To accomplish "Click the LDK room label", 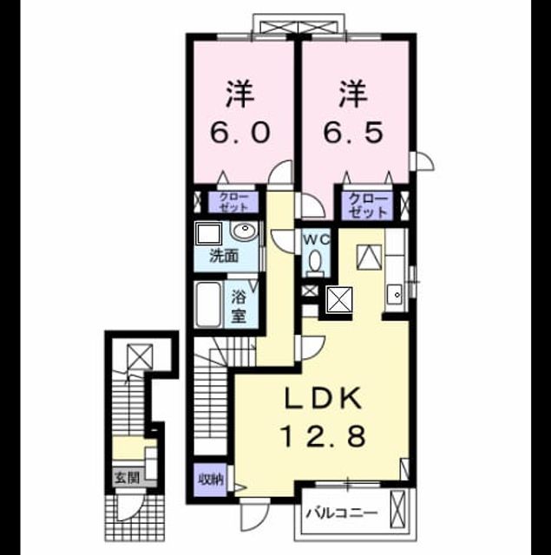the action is [325, 399].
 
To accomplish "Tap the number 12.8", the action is [324, 436].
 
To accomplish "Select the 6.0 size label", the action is [240, 132].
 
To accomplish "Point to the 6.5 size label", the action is [354, 132].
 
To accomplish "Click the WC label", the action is [316, 239].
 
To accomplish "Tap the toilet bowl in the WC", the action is [314, 262].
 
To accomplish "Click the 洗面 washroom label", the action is [224, 256].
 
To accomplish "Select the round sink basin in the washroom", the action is [245, 232].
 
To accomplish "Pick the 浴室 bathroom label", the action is [239, 306].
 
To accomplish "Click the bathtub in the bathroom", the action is [209, 304].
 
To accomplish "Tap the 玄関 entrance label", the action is [128, 478].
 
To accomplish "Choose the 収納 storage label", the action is [210, 480].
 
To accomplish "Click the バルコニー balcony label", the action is [342, 513].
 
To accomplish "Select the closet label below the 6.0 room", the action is [233, 202].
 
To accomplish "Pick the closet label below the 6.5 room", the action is [368, 206].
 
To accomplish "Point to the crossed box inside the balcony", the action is [397, 508].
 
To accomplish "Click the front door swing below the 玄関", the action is [130, 506].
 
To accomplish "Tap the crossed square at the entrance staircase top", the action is [141, 356].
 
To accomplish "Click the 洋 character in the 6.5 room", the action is [353, 94].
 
